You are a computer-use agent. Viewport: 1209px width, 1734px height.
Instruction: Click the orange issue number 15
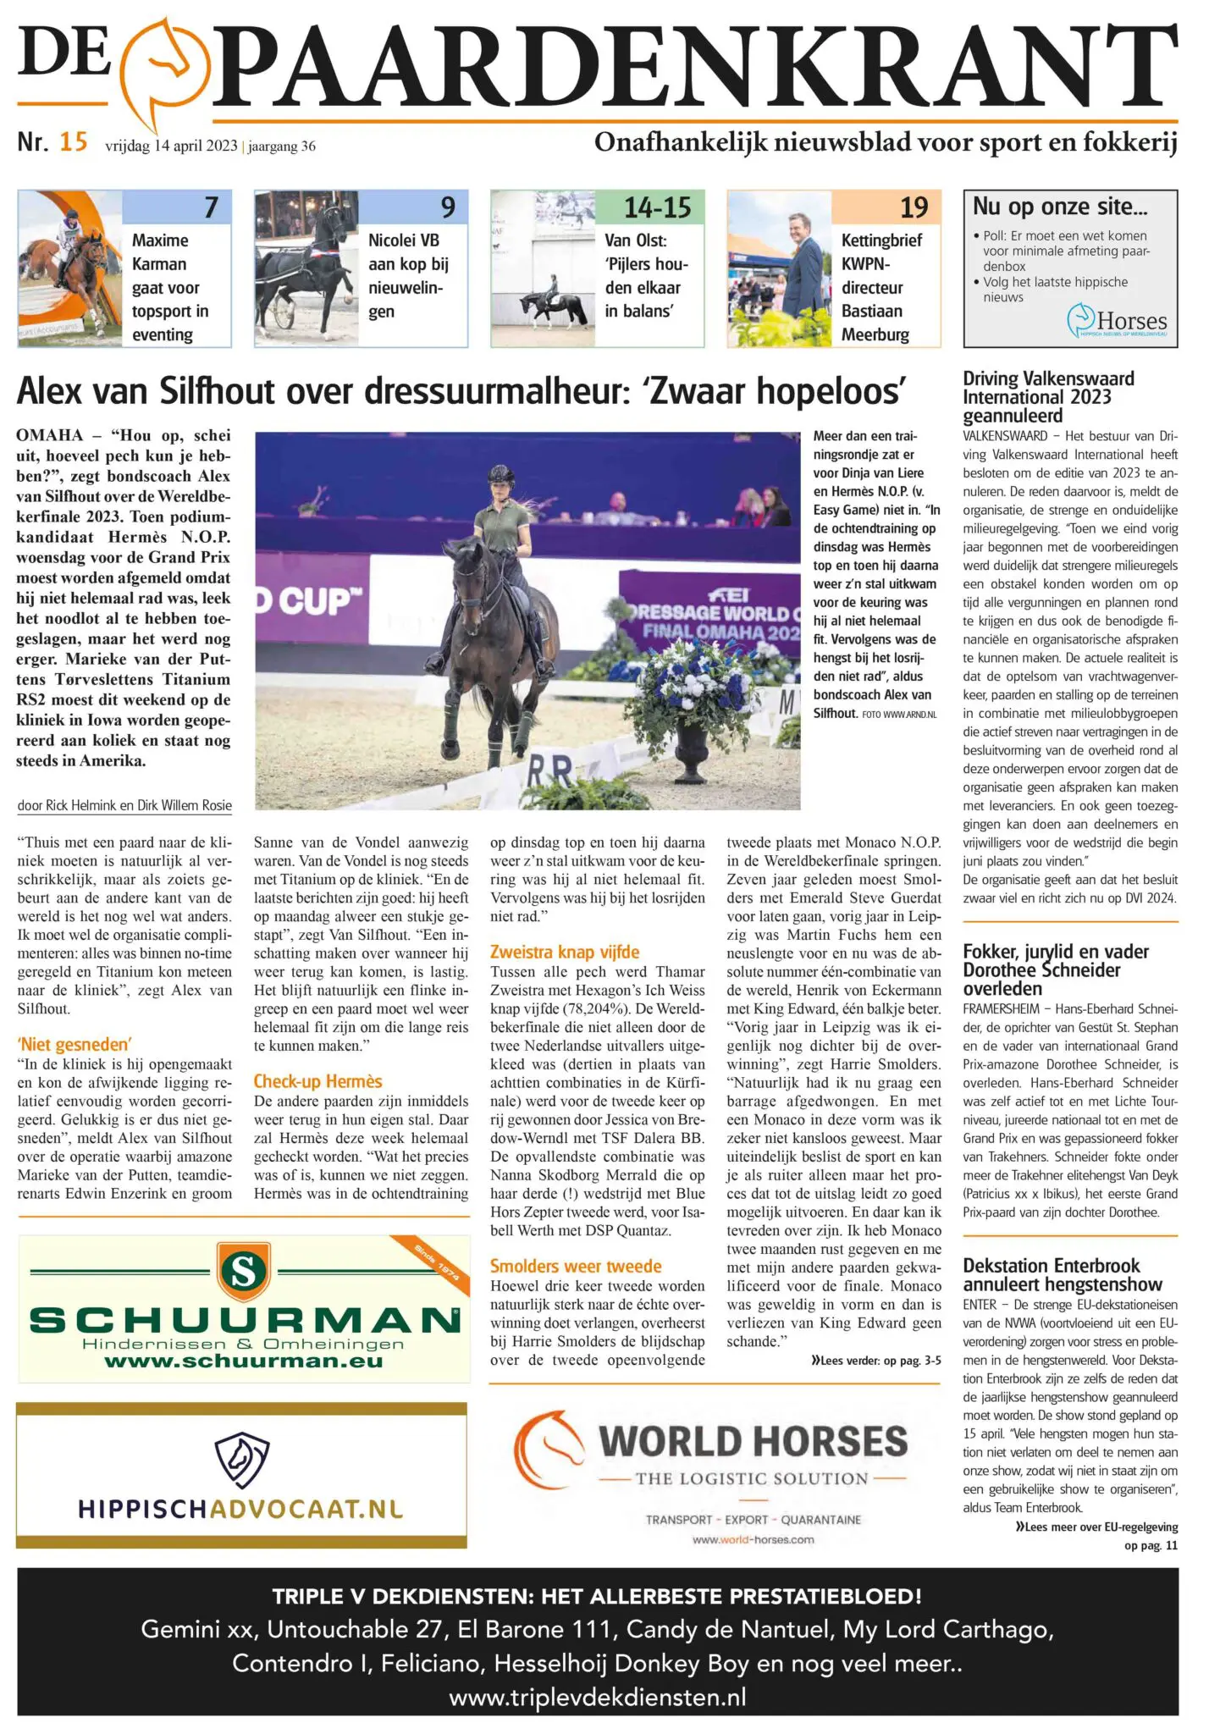point(74,141)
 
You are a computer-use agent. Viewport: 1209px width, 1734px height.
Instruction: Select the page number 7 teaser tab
point(211,207)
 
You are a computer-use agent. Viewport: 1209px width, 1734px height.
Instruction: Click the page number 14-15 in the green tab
point(657,207)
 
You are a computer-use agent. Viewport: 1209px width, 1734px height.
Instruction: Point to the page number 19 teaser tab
point(914,207)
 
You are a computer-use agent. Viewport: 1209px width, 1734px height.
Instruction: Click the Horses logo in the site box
point(1117,323)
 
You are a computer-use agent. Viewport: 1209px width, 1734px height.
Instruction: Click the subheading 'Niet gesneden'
point(75,1044)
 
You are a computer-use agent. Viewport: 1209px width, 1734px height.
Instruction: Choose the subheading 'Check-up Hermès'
point(317,1081)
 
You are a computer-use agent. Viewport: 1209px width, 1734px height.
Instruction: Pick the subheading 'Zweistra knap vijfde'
point(565,952)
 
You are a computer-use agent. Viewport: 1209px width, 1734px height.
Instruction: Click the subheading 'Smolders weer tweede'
point(576,1266)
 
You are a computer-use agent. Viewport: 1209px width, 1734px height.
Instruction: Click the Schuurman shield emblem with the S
point(243,1271)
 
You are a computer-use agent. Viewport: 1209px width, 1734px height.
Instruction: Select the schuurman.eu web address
point(244,1362)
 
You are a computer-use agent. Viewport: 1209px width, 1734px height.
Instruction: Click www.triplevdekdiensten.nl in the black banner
point(598,1697)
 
